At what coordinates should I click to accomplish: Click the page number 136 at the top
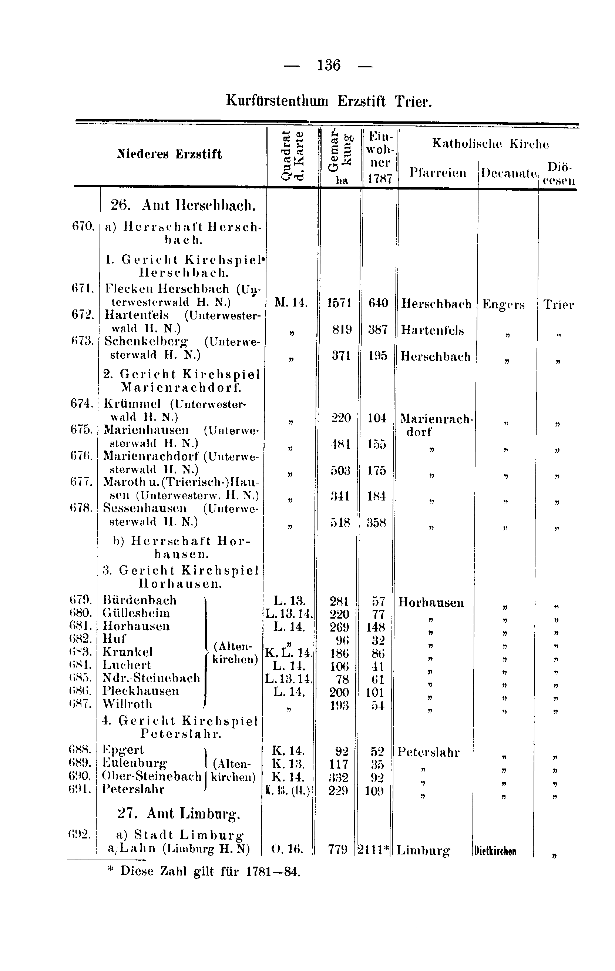(329, 65)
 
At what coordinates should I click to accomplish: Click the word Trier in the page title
(413, 101)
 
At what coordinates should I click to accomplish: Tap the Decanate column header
(508, 173)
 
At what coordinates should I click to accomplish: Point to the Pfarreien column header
(438, 173)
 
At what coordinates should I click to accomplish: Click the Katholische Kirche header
(490, 144)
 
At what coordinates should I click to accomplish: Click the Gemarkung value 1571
(339, 303)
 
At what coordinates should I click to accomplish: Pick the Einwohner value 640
(378, 303)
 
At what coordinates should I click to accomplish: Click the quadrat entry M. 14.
(291, 303)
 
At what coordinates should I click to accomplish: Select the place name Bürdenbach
(140, 600)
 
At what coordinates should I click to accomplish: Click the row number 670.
(83, 226)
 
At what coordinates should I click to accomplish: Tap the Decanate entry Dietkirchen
(495, 851)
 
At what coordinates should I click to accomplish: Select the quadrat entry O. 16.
(286, 849)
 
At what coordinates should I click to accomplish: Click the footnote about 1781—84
(205, 871)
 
